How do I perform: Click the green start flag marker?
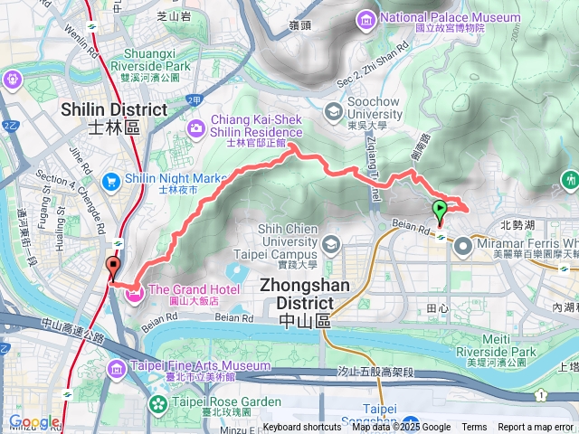tap(441, 211)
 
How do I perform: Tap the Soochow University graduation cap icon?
tap(333, 111)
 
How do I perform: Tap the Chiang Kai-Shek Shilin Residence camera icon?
tap(196, 130)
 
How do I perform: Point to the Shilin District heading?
tap(114, 118)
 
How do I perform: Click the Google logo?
tap(34, 421)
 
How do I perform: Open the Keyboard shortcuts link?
tap(302, 428)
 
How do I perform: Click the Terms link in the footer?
tap(474, 428)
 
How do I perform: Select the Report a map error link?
tap(536, 428)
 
